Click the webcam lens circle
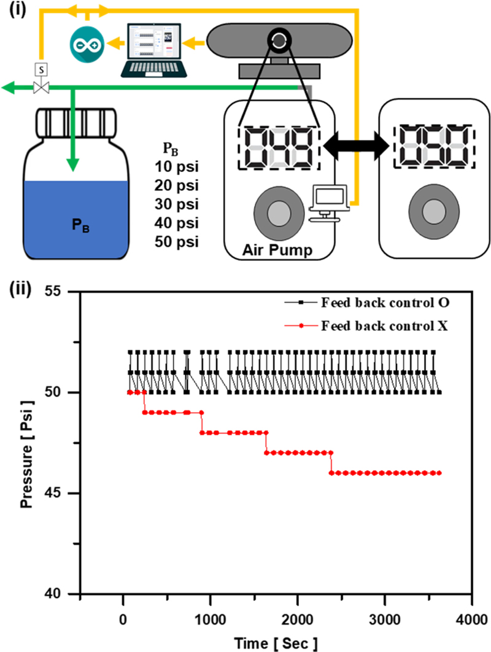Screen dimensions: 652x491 coord(279,41)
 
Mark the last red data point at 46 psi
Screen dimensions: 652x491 coord(439,473)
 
